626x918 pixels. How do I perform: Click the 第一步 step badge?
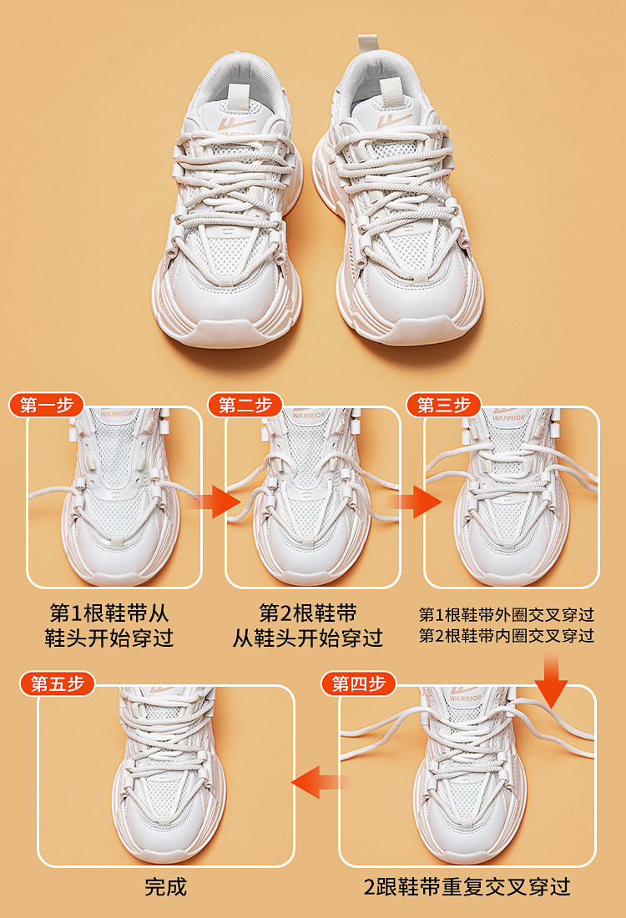click(46, 405)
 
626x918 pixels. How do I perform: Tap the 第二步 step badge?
click(245, 405)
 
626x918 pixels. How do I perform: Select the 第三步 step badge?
click(443, 405)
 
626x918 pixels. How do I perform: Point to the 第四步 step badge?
click(358, 683)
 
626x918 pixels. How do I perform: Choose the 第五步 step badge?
click(57, 683)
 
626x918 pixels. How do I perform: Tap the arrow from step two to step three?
click(416, 502)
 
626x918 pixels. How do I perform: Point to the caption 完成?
click(166, 886)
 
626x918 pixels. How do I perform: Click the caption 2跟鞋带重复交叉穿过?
click(467, 886)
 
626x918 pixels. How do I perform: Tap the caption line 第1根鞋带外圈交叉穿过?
click(507, 615)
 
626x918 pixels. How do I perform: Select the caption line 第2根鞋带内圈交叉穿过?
click(507, 635)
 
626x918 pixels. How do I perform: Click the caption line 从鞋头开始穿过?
click(308, 638)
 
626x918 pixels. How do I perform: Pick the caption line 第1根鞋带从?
click(109, 613)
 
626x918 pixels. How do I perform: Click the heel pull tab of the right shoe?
click(366, 43)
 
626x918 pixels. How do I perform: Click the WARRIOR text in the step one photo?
click(117, 414)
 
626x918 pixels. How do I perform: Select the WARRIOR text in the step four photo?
click(465, 699)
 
